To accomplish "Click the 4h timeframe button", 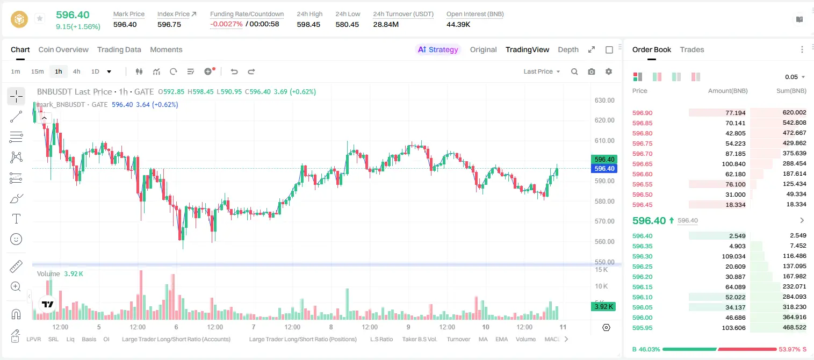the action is tap(76, 71).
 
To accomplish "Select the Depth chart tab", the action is tap(568, 49).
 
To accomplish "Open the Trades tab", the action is tap(692, 49).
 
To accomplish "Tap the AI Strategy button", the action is tap(438, 49).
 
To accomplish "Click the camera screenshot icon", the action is tap(592, 71).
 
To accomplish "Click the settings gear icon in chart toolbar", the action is tap(609, 71).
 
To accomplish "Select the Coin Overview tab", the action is tap(63, 49).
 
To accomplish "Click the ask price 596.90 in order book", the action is tap(642, 113).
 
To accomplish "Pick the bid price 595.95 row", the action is tap(642, 328).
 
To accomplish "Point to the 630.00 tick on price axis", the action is tap(604, 100).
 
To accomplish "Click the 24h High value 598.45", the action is tap(308, 24).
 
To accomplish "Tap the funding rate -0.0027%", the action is tap(226, 24).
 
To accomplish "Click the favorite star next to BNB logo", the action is tap(40, 18).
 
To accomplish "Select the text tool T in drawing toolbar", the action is tap(16, 219).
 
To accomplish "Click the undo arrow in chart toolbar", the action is tap(234, 71).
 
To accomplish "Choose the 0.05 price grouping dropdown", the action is tap(795, 77).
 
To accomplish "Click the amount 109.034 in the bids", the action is tap(733, 256).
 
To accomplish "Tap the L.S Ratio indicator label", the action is tap(381, 339).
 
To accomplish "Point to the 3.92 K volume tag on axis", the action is tap(603, 307).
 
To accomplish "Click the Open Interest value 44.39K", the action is tap(458, 24).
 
